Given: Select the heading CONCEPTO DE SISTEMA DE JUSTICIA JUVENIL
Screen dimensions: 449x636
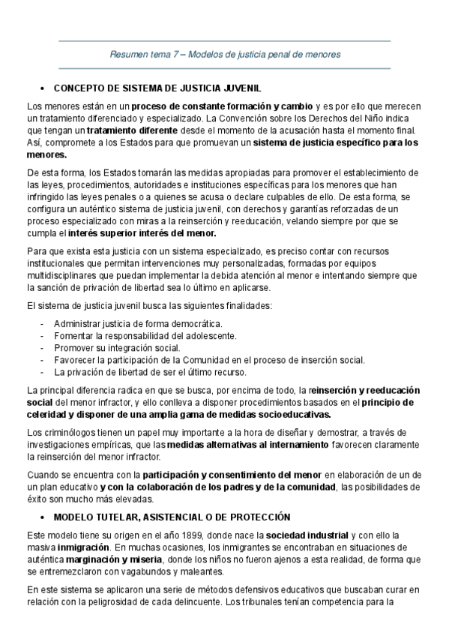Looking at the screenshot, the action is (x=156, y=87).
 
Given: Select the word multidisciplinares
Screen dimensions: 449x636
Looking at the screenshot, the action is (x=62, y=275).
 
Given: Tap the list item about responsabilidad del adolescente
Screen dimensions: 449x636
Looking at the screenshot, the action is (x=145, y=335).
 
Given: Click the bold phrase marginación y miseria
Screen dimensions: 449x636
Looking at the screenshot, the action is (x=109, y=558).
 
